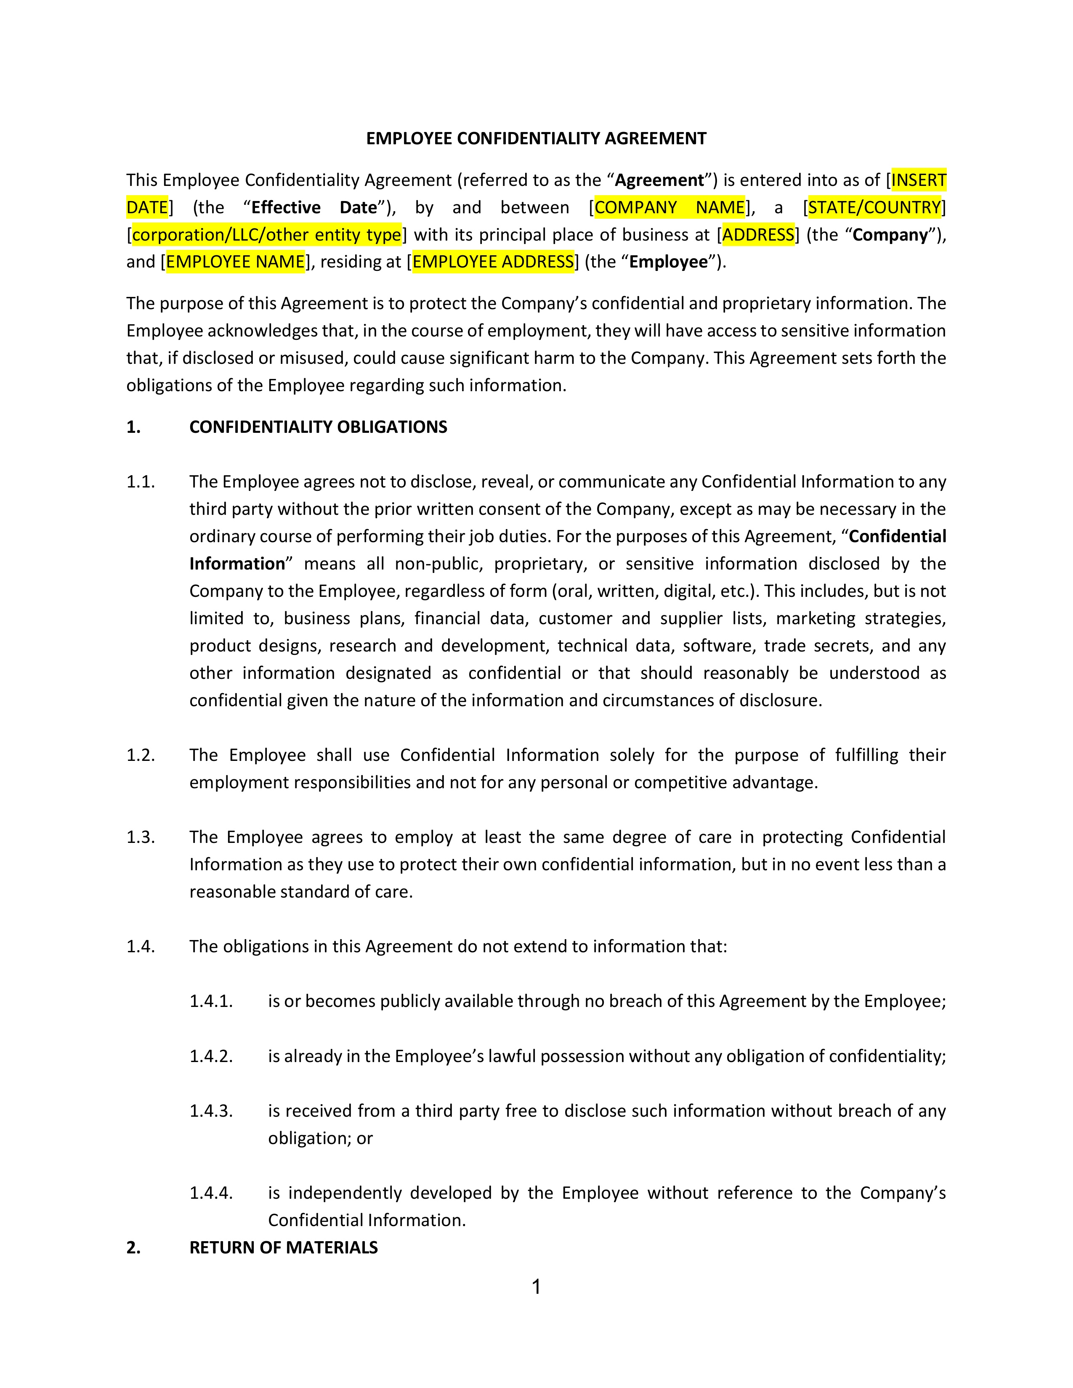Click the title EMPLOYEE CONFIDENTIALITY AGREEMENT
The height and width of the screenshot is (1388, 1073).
[536, 138]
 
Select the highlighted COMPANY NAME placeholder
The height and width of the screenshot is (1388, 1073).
[669, 208]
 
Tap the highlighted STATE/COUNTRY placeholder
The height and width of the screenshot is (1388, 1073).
[874, 208]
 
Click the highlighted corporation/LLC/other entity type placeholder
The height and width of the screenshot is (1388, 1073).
[266, 235]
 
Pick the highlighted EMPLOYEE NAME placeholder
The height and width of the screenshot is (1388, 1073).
[235, 262]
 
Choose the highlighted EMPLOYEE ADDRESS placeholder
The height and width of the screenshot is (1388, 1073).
[493, 262]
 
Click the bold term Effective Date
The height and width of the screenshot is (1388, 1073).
[314, 208]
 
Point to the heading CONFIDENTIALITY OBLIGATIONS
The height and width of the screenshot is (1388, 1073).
[318, 427]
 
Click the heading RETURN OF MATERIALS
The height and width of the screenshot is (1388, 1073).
[284, 1248]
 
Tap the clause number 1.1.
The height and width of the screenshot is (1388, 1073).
[141, 482]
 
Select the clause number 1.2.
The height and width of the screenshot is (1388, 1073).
[141, 755]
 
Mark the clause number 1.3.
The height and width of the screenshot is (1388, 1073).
[141, 837]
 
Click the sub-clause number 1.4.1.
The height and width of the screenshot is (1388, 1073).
[211, 1001]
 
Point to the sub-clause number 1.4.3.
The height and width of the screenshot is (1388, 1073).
[211, 1111]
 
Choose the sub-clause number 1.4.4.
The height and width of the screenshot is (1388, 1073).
[211, 1193]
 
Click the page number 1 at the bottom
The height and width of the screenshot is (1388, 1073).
[536, 1287]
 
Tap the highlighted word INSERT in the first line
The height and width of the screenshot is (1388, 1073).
[919, 180]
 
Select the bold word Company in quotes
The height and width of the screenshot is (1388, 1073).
[890, 235]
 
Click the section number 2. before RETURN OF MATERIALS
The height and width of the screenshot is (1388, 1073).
[133, 1248]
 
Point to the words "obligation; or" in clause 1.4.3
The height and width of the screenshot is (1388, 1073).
[320, 1138]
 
